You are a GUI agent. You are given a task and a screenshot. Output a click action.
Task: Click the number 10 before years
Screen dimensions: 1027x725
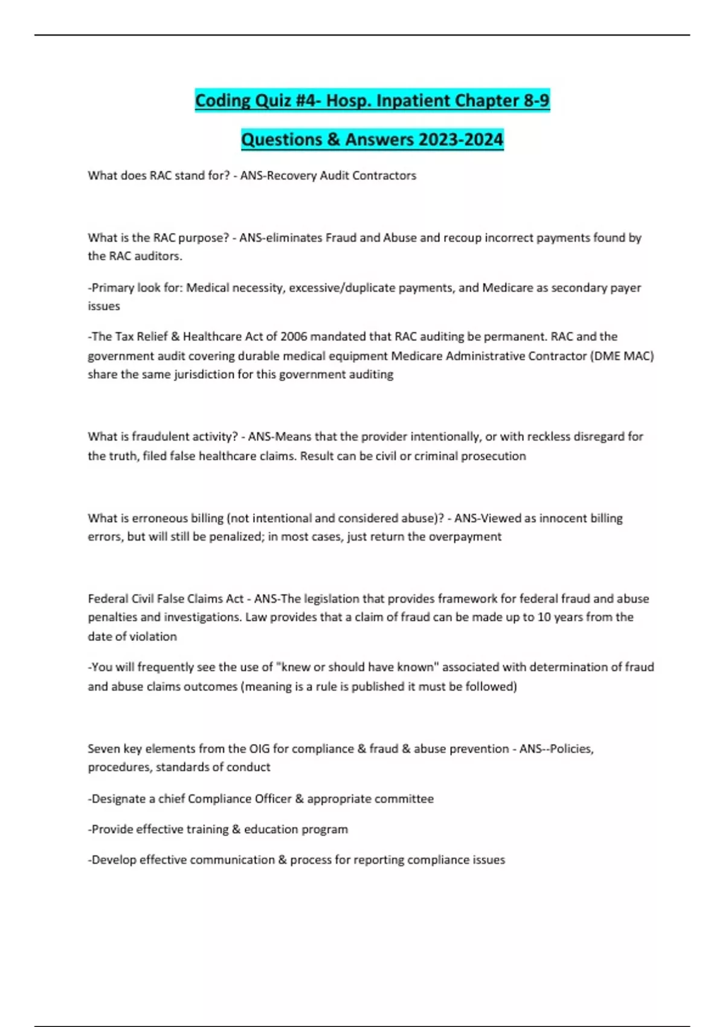click(x=544, y=617)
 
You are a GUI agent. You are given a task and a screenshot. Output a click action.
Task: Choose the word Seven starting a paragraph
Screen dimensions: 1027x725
click(x=104, y=749)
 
